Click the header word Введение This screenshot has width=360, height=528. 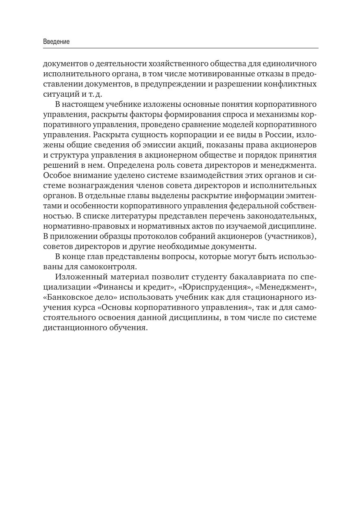tap(56, 42)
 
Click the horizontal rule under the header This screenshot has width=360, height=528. tap(180, 48)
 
